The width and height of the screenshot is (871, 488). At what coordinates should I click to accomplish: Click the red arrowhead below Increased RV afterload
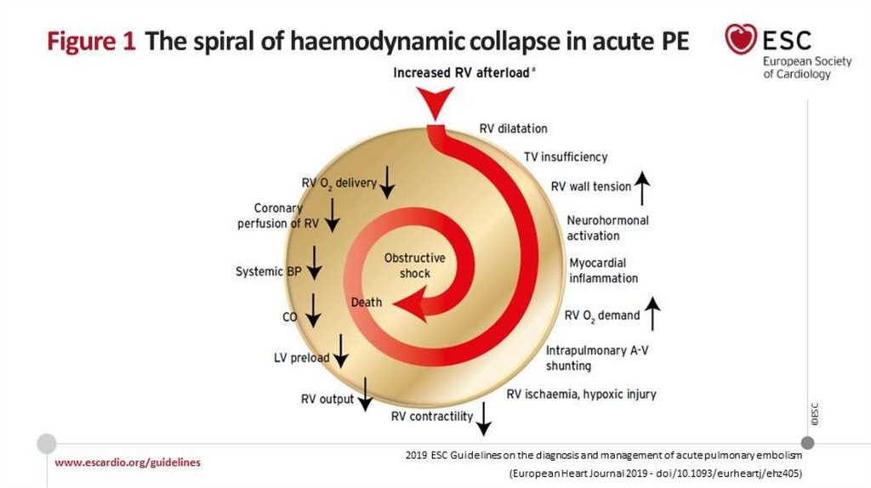tap(435, 104)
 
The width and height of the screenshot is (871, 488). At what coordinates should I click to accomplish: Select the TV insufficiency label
tap(566, 156)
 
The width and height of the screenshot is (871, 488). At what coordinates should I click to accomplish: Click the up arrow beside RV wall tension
tap(642, 187)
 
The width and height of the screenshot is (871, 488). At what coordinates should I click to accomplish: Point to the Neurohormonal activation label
tap(607, 228)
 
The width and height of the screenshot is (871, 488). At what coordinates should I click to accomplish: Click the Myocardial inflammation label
tap(603, 270)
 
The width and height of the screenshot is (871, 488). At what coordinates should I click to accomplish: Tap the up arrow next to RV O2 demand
tap(653, 314)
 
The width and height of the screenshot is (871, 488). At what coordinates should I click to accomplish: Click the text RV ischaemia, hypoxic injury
tap(581, 394)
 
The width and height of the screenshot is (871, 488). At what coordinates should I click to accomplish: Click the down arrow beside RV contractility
tap(484, 418)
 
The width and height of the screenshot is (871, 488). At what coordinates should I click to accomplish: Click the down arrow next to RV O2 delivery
tap(387, 180)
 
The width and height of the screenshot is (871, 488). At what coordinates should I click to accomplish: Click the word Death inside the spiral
tap(367, 303)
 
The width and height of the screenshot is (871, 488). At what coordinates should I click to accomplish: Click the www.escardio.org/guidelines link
tap(128, 462)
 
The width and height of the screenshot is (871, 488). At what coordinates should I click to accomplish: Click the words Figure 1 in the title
tap(88, 42)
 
